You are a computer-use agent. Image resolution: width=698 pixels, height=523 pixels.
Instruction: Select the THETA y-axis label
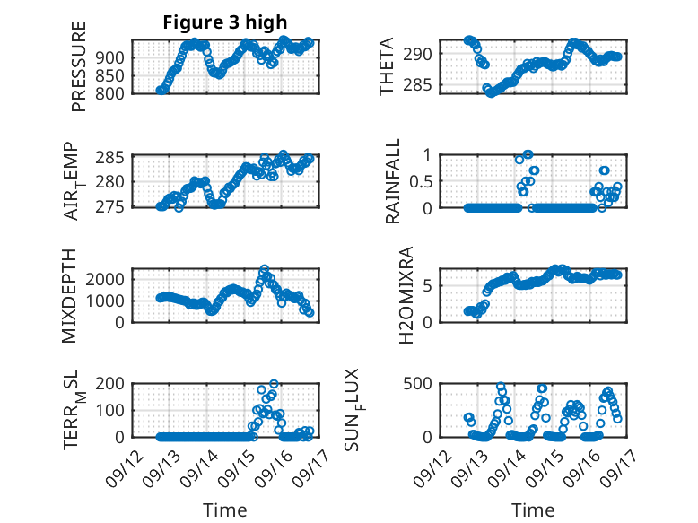(387, 66)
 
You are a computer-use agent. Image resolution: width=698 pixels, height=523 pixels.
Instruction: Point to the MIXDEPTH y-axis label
(71, 296)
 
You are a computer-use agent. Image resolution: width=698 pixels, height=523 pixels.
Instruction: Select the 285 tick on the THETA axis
(425, 86)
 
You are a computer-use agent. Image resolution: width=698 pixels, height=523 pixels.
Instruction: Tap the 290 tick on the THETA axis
(425, 54)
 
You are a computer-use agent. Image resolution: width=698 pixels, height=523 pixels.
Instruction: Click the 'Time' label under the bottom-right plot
(533, 510)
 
